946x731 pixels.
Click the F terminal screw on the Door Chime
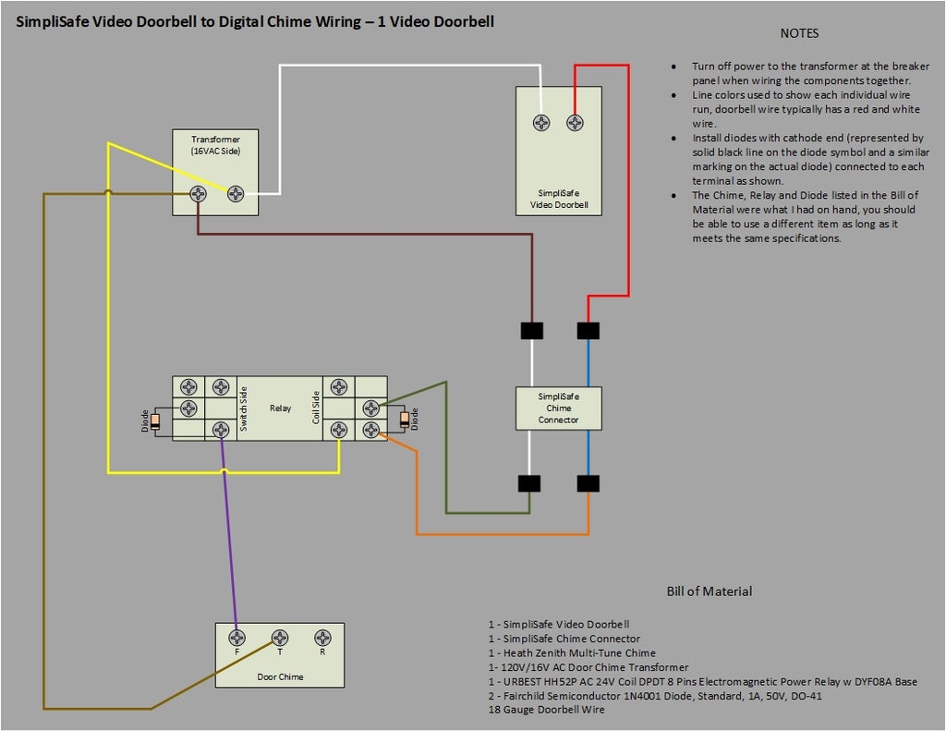click(237, 638)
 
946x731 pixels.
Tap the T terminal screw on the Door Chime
click(280, 638)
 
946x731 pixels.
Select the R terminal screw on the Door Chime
click(322, 638)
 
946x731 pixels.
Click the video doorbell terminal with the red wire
click(575, 123)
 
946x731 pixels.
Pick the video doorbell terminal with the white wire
click(541, 123)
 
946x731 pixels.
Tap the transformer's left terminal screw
click(198, 194)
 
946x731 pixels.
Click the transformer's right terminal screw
click(236, 194)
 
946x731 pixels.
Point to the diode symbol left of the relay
click(155, 421)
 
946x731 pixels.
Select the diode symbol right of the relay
click(403, 420)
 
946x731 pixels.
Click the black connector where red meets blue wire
click(588, 330)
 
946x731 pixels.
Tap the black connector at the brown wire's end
click(531, 330)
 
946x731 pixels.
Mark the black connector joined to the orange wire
click(588, 483)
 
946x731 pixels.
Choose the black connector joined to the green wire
click(529, 483)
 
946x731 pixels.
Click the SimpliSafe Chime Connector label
click(559, 408)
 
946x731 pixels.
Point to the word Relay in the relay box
click(280, 408)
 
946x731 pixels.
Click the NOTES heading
click(799, 33)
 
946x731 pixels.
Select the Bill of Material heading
click(709, 591)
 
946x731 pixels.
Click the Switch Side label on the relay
click(244, 408)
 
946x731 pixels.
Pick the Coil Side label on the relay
click(316, 408)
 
